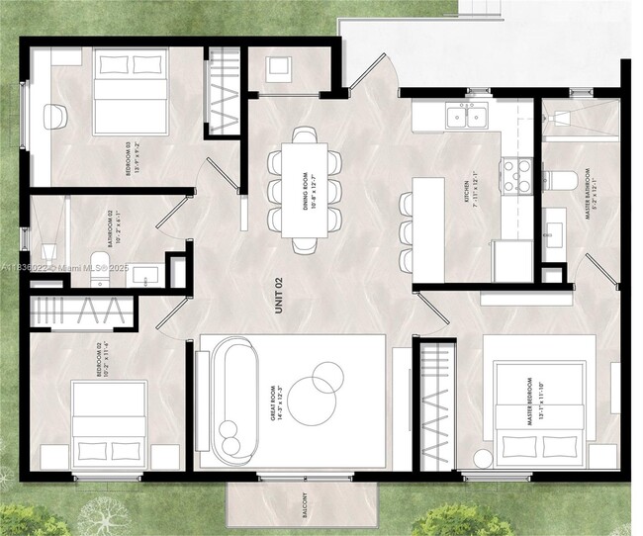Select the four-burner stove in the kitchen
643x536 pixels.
pos(516,176)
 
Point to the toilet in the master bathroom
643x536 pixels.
pos(561,181)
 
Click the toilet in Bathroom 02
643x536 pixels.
pos(99,275)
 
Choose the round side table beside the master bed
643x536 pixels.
pos(484,459)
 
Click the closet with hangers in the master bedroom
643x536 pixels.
pos(434,405)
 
